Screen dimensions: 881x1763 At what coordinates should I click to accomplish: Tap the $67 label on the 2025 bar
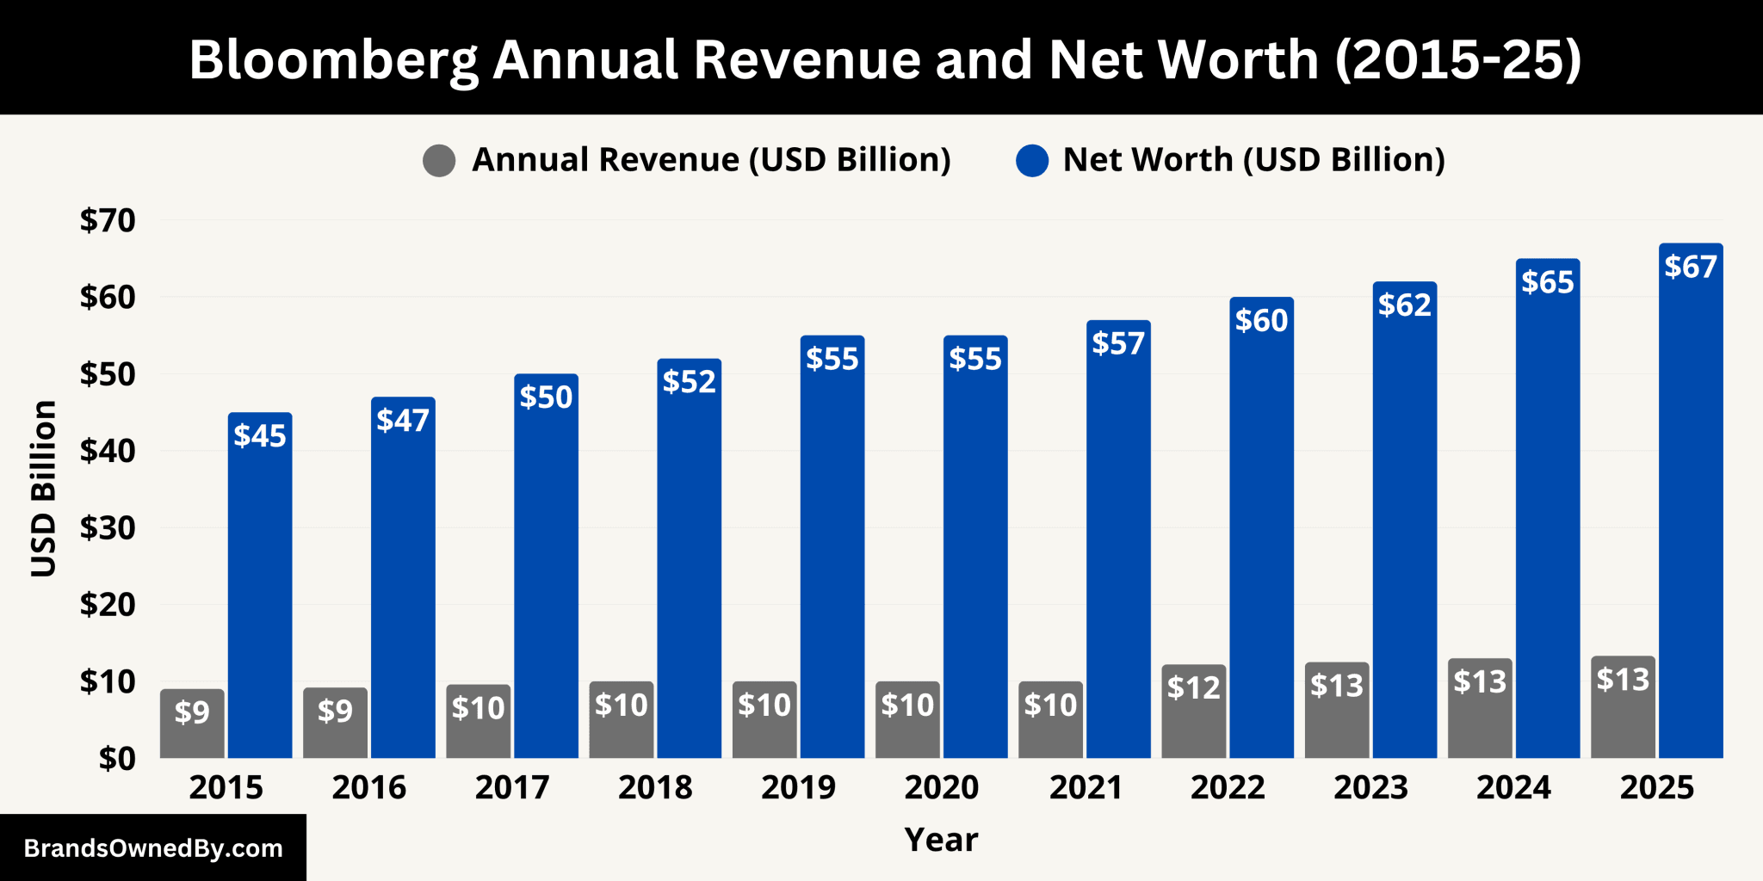(1691, 267)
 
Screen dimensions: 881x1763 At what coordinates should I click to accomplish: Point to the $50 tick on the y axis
(108, 374)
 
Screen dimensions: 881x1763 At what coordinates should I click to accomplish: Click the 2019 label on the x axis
(798, 787)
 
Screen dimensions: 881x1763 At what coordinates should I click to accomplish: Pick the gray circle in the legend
(439, 160)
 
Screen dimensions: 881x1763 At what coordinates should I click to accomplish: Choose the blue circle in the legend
(1032, 160)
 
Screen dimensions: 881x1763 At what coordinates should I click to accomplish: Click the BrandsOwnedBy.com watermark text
(153, 848)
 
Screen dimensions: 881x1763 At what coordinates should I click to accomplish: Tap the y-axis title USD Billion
(43, 488)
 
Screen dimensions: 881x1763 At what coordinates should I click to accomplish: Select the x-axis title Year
(941, 840)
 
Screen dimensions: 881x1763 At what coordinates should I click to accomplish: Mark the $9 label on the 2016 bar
(335, 711)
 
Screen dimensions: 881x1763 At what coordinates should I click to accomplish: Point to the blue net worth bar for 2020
(975, 559)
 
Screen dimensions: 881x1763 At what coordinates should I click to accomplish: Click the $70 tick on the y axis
(108, 221)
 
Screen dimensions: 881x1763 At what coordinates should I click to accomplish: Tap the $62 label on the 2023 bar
(1404, 305)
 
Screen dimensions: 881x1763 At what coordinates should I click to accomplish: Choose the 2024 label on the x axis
(1513, 787)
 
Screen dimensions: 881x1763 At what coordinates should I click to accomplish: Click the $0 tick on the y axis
(117, 759)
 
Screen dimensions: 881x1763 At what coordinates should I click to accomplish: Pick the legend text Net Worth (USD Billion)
(1253, 160)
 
